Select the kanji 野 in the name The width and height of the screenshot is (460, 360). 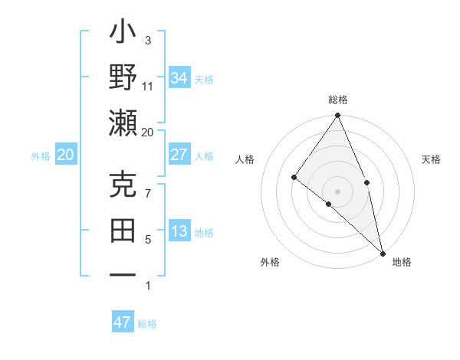tap(123, 77)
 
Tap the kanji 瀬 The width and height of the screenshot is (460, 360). tap(123, 123)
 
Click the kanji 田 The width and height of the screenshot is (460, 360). tap(123, 230)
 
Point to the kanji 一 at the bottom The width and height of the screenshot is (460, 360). tap(123, 274)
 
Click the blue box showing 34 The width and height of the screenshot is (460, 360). tap(179, 77)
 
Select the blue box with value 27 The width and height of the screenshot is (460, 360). tap(179, 155)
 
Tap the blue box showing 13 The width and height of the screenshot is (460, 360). tap(179, 231)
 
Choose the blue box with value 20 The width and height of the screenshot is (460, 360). tap(66, 155)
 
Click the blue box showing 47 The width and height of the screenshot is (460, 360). tap(123, 322)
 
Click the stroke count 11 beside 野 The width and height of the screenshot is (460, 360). tap(148, 86)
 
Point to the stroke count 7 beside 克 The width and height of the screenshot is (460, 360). tap(148, 195)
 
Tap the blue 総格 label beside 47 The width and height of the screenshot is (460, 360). tap(148, 324)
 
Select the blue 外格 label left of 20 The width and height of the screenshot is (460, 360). tap(41, 156)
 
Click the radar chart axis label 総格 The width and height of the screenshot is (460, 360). tap(338, 100)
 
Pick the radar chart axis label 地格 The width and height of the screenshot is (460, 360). tap(402, 262)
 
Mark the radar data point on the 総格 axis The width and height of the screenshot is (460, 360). tap(338, 116)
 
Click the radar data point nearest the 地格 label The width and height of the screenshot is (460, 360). tap(383, 252)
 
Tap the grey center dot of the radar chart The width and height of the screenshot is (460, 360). tap(338, 191)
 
